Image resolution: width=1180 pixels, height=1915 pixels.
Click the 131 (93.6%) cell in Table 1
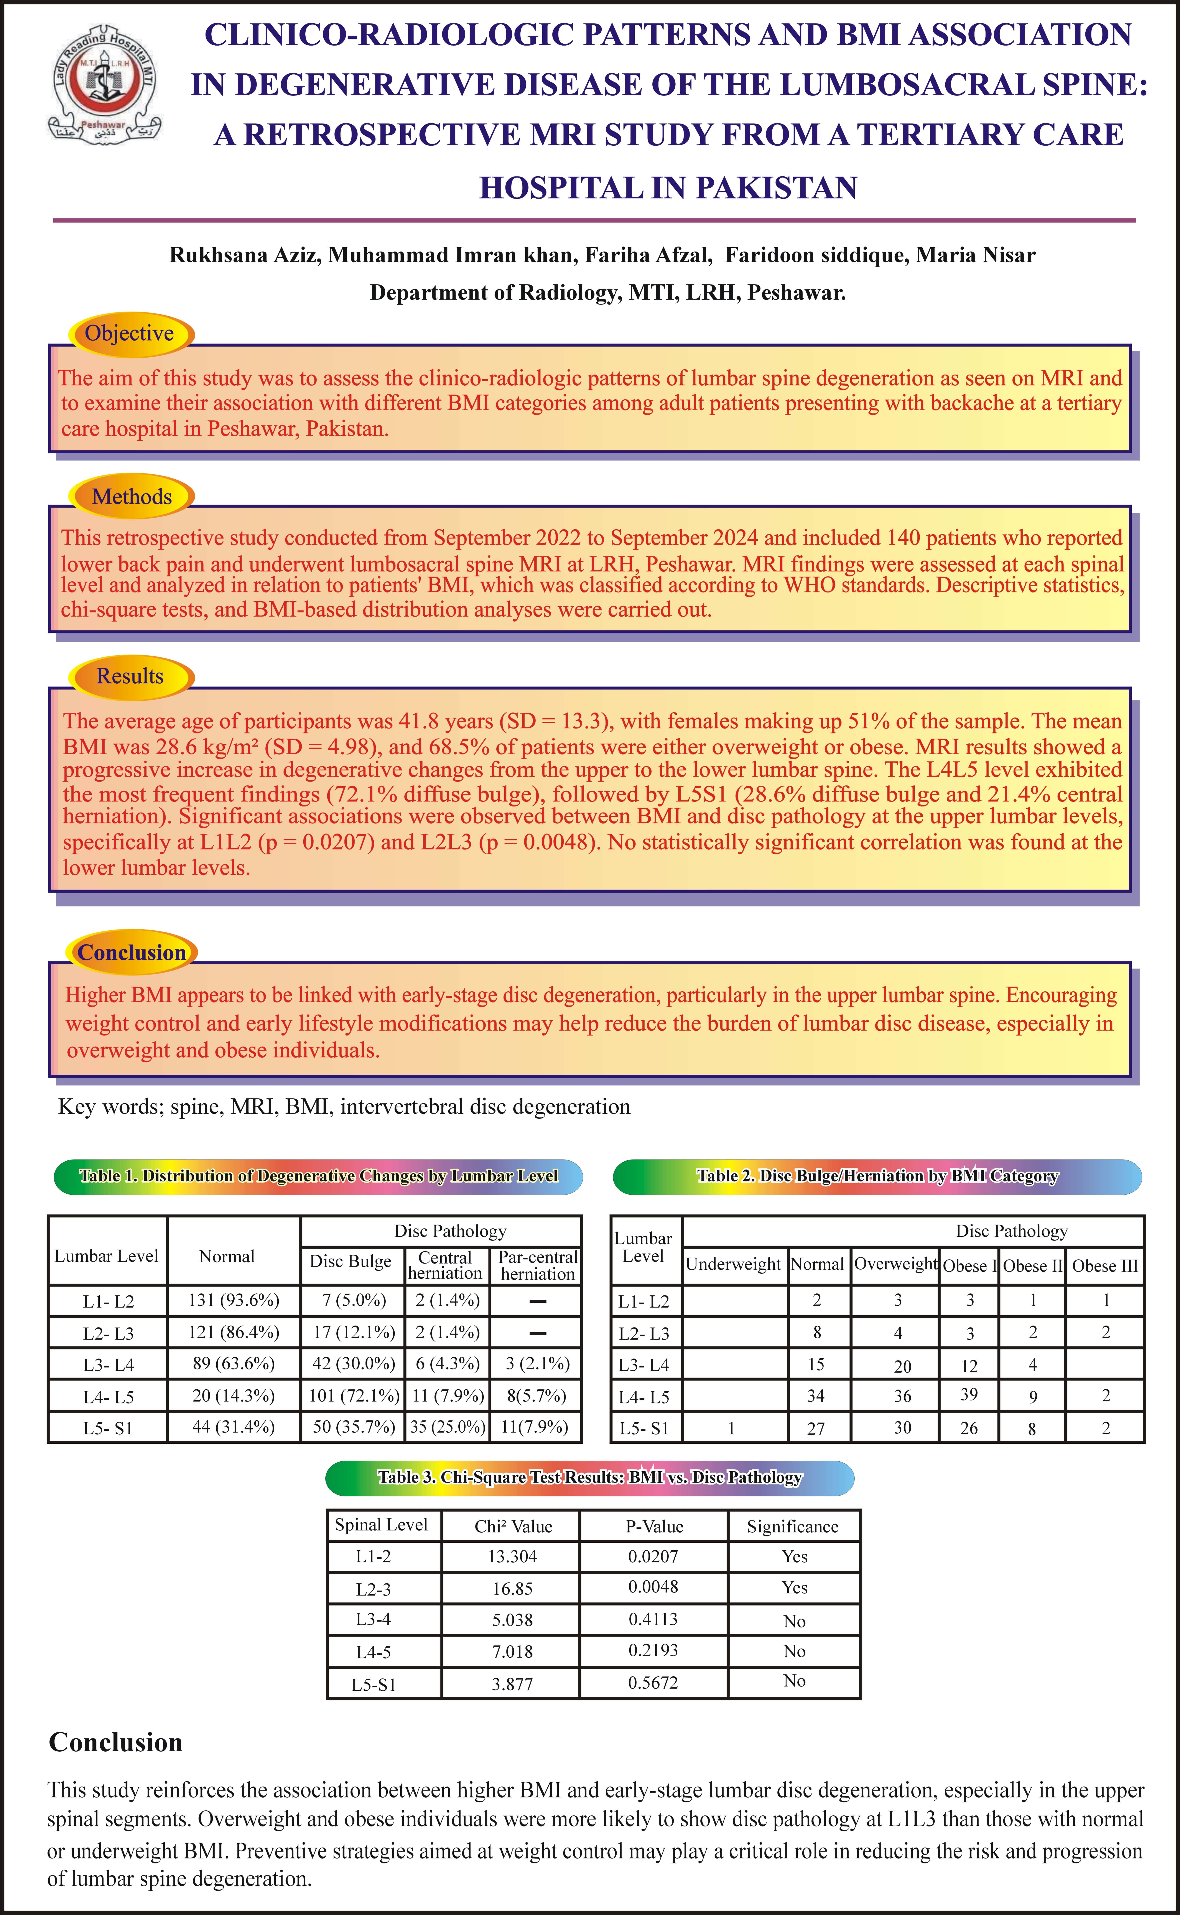click(233, 1300)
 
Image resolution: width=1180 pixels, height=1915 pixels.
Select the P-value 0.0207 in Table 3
click(653, 1556)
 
